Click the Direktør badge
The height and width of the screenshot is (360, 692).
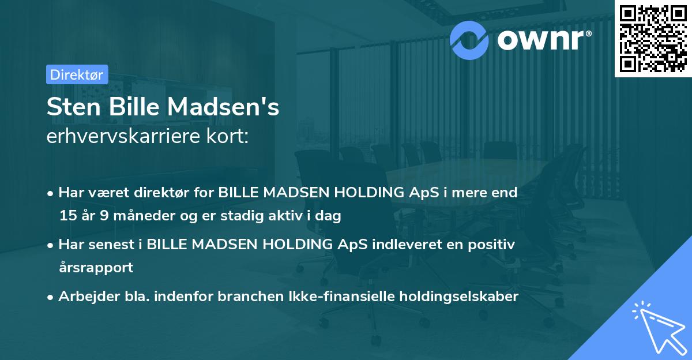tap(77, 74)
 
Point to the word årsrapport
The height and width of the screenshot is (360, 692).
tap(96, 268)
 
